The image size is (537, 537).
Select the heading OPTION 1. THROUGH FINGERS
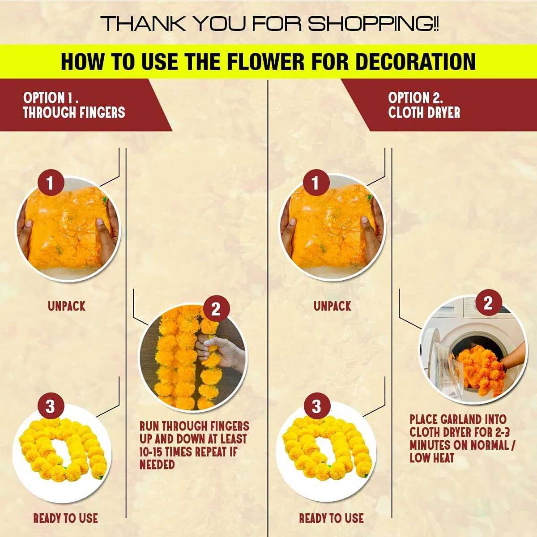click(x=74, y=105)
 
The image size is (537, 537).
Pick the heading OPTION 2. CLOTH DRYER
click(x=424, y=105)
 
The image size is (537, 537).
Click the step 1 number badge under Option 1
click(x=50, y=183)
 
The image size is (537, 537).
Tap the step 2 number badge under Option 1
click(x=216, y=309)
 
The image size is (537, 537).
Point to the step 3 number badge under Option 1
click(x=50, y=406)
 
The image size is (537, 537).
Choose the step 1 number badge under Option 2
click(x=316, y=183)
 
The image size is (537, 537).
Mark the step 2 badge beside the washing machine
click(x=488, y=303)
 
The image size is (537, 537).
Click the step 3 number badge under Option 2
click(x=317, y=406)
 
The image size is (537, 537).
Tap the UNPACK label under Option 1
click(x=66, y=307)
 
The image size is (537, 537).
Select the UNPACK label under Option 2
click(x=332, y=307)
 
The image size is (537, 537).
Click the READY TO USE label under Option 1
click(x=65, y=519)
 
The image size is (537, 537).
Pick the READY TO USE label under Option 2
click(x=331, y=519)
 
